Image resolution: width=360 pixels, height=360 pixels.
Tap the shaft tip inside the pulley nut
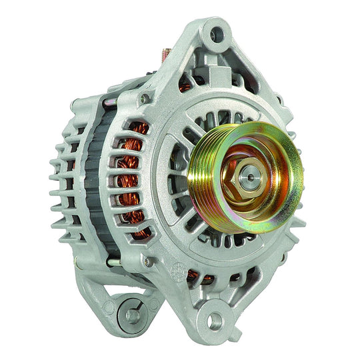[x=248, y=179]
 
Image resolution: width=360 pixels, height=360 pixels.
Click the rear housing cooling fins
[x=63, y=180]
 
